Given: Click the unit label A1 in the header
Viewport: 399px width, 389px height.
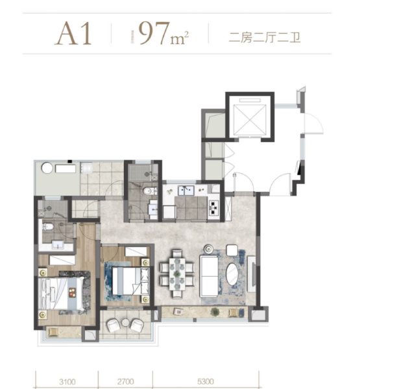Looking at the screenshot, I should click(73, 34).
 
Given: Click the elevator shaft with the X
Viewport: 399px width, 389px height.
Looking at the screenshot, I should click(250, 119).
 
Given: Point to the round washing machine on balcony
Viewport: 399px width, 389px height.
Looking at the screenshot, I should click(47, 167).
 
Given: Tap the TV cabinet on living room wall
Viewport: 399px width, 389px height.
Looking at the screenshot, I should click(252, 273).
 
